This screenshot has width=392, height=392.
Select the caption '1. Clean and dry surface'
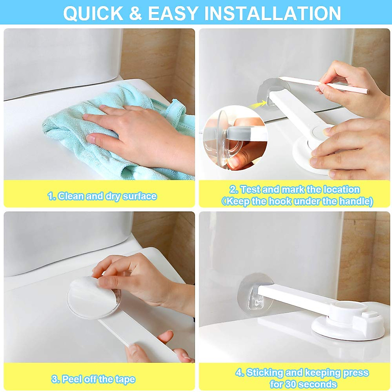102,196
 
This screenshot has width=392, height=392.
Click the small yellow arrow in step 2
257,105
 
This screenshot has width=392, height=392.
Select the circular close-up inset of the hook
235,137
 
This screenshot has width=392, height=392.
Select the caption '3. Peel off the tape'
93,379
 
